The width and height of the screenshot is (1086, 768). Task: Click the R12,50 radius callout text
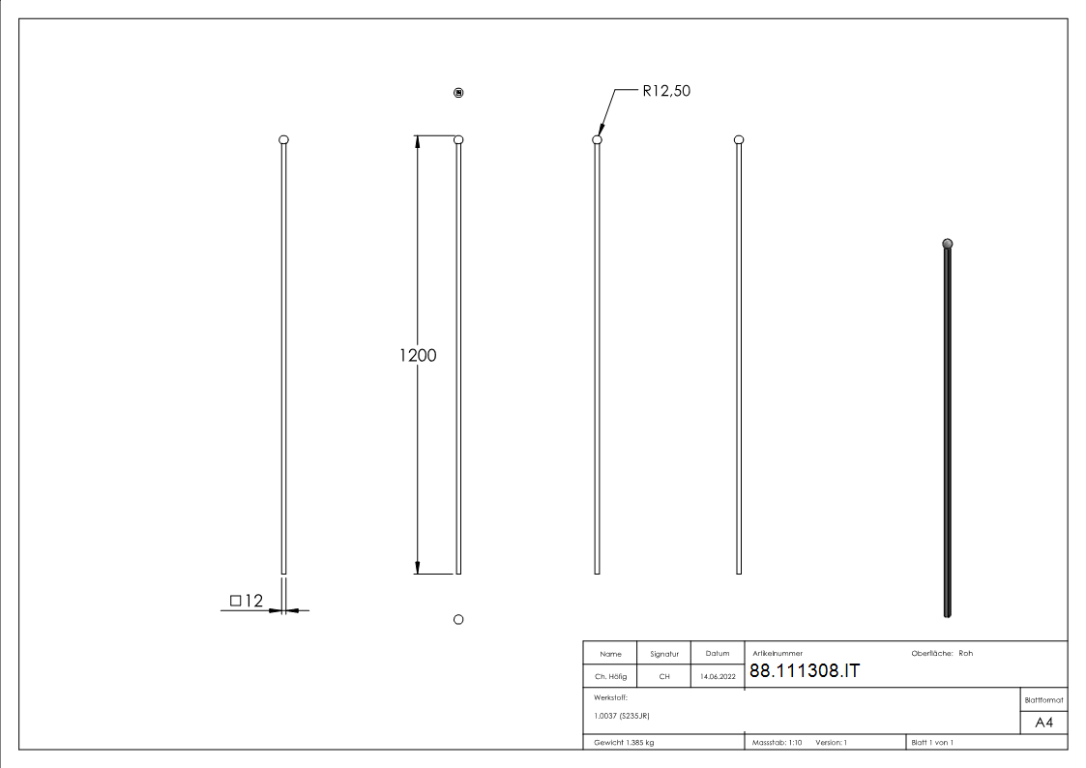[x=666, y=92]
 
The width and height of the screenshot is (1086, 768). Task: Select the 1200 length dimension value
[x=418, y=355]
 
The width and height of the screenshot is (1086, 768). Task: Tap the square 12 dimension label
[x=247, y=602]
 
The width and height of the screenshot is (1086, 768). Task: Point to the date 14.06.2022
[x=718, y=677]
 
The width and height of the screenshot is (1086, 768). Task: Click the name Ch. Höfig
[x=609, y=677]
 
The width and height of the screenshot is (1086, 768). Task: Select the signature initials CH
[x=663, y=677]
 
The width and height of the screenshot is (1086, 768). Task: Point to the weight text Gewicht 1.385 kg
[x=626, y=743]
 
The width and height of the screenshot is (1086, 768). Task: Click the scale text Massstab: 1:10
[x=778, y=743]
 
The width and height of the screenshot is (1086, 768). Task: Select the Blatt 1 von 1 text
[x=932, y=743]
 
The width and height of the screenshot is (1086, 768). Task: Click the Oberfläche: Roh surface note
[x=942, y=654]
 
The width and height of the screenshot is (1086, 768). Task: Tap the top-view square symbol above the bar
[x=458, y=93]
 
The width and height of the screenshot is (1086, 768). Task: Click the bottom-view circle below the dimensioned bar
[x=458, y=619]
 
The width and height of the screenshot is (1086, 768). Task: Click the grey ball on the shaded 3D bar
[x=948, y=244]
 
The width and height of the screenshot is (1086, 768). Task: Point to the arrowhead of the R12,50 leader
[x=601, y=135]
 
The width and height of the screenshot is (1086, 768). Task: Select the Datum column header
[x=718, y=654]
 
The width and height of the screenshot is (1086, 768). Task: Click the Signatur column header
[x=663, y=654]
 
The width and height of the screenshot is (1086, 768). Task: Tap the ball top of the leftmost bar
[x=283, y=140]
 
